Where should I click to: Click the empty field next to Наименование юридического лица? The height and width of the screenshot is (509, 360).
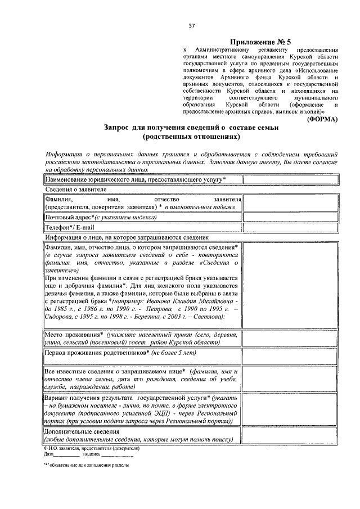pos(290,179)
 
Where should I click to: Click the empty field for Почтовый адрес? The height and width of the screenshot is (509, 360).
pos(290,217)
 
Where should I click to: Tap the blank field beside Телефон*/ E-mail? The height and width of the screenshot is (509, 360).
pos(290,228)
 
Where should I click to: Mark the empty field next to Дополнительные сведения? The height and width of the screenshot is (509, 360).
pos(290,435)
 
